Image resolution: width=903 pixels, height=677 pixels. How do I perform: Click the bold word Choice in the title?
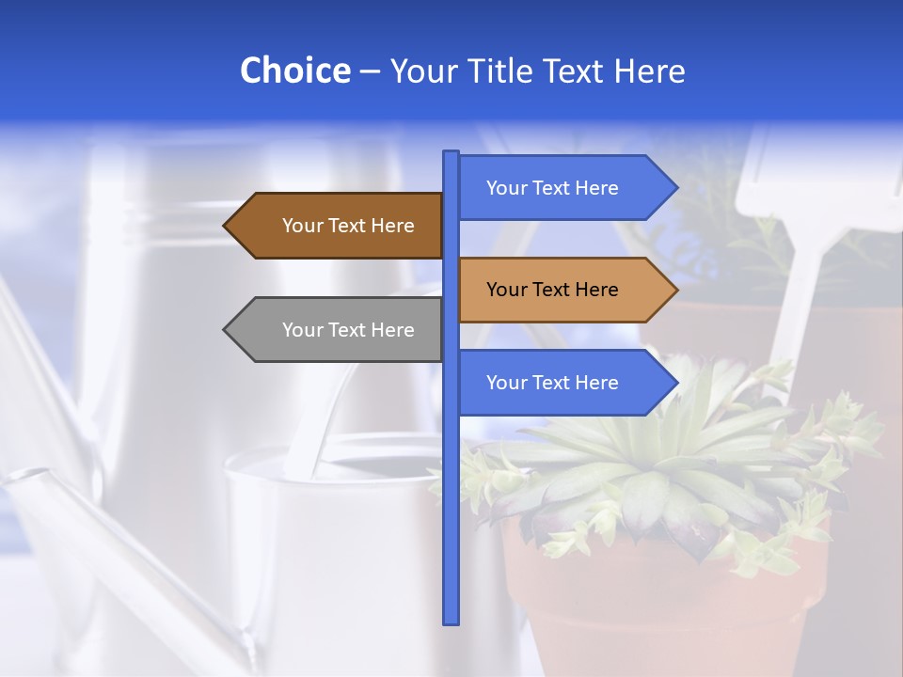click(x=294, y=71)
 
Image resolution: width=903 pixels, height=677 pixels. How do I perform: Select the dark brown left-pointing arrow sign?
click(x=348, y=226)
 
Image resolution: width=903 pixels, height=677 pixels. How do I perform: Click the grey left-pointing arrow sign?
click(x=348, y=330)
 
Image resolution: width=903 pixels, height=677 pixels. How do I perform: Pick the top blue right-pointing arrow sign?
click(x=553, y=188)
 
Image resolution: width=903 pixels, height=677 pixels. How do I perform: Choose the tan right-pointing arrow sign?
click(x=553, y=290)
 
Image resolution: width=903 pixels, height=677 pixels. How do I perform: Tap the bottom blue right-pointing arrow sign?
click(x=553, y=383)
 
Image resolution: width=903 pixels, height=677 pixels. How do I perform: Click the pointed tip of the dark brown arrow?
click(x=227, y=226)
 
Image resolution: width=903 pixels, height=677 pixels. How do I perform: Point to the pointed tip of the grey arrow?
click(x=227, y=330)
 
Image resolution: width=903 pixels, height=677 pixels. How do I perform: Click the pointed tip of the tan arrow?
click(x=674, y=290)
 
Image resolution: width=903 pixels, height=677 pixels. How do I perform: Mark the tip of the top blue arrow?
click(x=674, y=188)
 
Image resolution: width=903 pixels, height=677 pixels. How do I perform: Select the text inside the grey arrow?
click(x=348, y=330)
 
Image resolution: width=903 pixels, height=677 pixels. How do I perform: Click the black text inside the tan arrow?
click(x=552, y=290)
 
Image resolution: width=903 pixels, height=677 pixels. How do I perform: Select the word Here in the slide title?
click(x=650, y=71)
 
